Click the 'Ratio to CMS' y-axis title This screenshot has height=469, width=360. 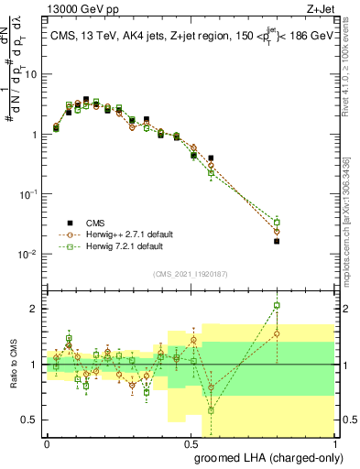click(x=12, y=365)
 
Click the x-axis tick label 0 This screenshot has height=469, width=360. click(x=47, y=443)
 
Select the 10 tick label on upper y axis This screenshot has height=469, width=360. click(x=31, y=74)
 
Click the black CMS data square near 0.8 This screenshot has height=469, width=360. click(x=277, y=241)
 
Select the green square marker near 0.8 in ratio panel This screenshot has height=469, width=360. click(x=277, y=306)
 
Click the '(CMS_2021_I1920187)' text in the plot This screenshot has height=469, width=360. click(x=190, y=273)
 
